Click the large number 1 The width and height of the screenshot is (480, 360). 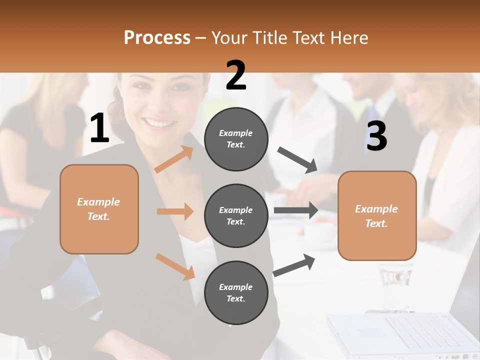click(x=99, y=128)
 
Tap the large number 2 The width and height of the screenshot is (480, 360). click(x=236, y=76)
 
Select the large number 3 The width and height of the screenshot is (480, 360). click(x=376, y=136)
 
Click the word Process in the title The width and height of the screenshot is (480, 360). click(x=157, y=37)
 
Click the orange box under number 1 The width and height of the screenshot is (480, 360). click(x=99, y=209)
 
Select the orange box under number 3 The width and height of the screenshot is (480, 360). click(x=377, y=215)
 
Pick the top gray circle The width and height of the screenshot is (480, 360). click(x=236, y=139)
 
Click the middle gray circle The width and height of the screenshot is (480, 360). click(x=236, y=215)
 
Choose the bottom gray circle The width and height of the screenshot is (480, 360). click(x=236, y=292)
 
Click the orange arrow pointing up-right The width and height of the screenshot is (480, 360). click(x=174, y=159)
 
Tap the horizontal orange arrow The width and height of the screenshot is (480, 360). click(x=175, y=211)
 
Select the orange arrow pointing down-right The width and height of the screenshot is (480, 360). click(x=175, y=266)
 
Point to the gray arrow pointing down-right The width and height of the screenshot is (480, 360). click(x=297, y=160)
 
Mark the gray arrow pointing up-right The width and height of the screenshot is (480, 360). click(x=294, y=265)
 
